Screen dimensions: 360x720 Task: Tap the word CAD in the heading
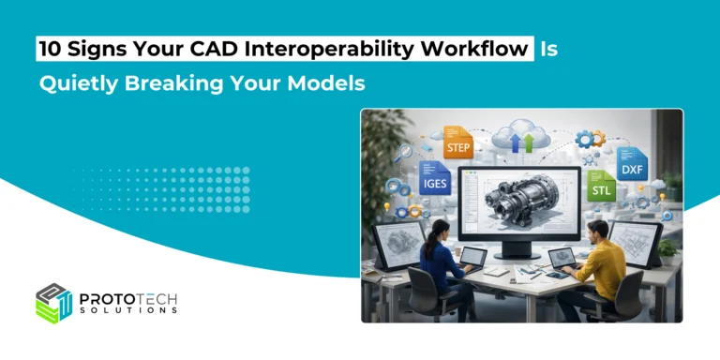(x=225, y=48)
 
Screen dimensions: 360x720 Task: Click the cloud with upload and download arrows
(x=519, y=139)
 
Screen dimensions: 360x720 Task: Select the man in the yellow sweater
(x=601, y=262)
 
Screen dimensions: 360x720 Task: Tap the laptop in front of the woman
(x=472, y=260)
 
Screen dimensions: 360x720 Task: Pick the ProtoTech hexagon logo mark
(x=54, y=303)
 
